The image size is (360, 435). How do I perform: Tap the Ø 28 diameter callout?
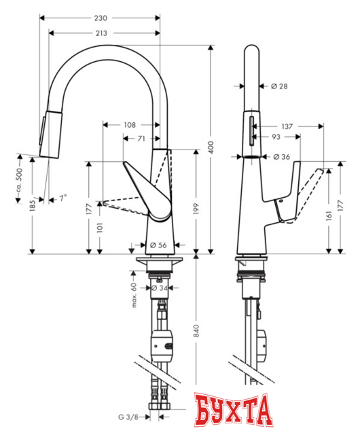(279, 86)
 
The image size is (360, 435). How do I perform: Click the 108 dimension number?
(130, 124)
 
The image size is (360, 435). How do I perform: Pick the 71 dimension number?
(141, 138)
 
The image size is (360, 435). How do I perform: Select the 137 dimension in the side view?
(286, 126)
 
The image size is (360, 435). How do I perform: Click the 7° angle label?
(62, 198)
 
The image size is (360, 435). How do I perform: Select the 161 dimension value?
(329, 217)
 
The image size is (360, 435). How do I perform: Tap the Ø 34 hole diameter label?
(159, 288)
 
